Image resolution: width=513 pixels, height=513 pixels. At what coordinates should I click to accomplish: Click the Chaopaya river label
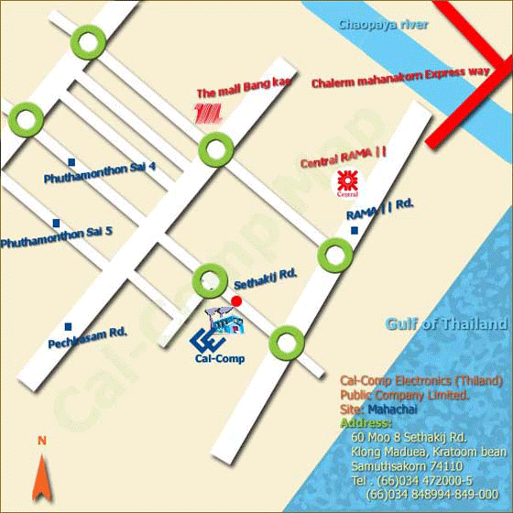(x=382, y=25)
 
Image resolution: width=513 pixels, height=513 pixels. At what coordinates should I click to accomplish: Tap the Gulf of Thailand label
(x=446, y=323)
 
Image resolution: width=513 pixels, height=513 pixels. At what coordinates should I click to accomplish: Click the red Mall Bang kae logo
(x=209, y=114)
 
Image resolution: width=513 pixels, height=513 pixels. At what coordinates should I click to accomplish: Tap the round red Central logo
(x=345, y=181)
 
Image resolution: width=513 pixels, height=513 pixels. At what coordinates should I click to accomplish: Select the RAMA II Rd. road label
(x=380, y=211)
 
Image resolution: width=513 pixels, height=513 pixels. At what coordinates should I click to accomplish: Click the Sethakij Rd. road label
(x=267, y=275)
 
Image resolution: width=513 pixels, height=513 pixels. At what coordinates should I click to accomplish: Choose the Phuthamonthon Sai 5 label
(x=57, y=236)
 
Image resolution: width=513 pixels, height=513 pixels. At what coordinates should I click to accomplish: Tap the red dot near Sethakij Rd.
(x=236, y=300)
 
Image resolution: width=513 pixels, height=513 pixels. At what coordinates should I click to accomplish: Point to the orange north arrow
(x=41, y=478)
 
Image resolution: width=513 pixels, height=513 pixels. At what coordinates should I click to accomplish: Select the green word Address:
(x=365, y=423)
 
